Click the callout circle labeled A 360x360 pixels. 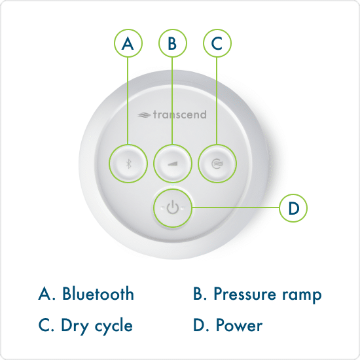(x=128, y=44)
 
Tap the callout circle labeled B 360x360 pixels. (x=173, y=44)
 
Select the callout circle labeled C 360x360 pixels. (x=217, y=44)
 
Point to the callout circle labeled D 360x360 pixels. (x=293, y=208)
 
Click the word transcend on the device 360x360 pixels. (x=180, y=115)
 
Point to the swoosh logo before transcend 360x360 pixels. (x=144, y=115)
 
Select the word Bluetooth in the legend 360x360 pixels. (x=98, y=294)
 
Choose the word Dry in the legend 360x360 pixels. (x=74, y=325)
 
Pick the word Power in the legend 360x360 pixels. (x=239, y=325)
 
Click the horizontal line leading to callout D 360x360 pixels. (x=236, y=208)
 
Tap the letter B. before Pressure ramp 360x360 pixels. (x=200, y=294)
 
